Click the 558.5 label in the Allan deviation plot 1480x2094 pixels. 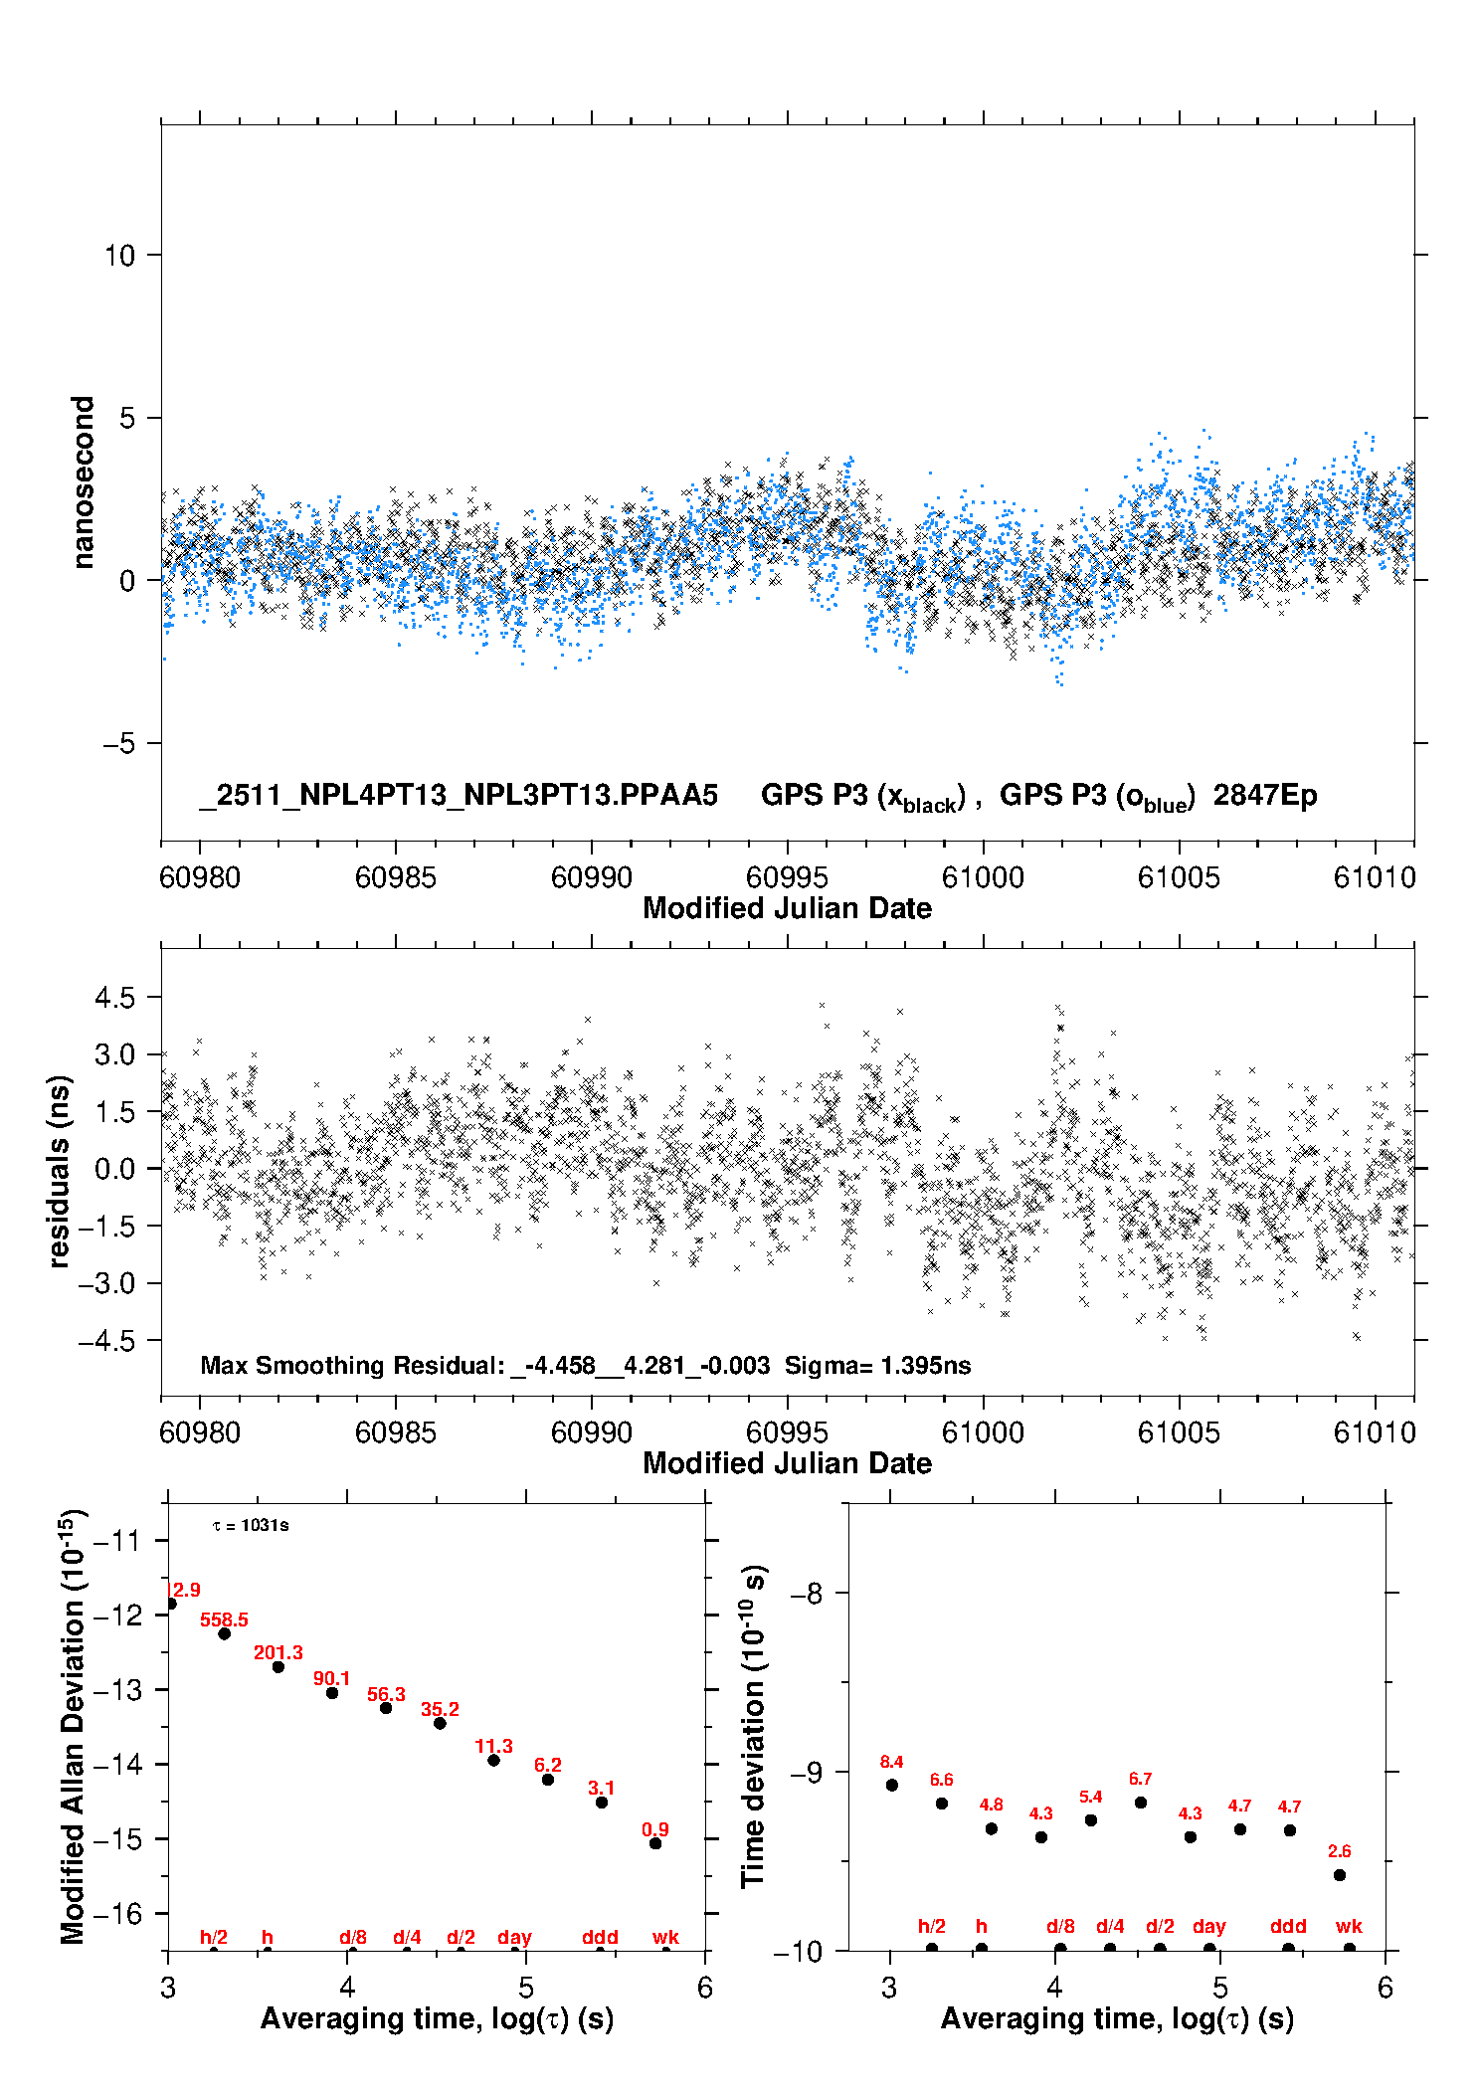(224, 1619)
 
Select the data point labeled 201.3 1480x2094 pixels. (278, 1666)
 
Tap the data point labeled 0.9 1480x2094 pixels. (655, 1843)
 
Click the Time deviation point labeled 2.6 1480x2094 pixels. (1340, 1875)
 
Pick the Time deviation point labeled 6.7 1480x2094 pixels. (1141, 1803)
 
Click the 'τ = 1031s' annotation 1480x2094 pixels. (251, 1525)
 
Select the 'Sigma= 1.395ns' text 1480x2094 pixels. (877, 1365)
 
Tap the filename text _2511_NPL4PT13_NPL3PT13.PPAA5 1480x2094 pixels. (459, 795)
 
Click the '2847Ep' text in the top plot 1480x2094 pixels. (1265, 795)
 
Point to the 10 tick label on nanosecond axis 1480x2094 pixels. (119, 256)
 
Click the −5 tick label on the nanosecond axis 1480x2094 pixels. (119, 743)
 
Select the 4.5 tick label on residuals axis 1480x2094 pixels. (114, 998)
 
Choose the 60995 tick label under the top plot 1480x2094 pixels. (787, 877)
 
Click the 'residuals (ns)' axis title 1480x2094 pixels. (60, 1171)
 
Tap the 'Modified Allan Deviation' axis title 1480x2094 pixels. (73, 1726)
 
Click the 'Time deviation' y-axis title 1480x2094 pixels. (753, 1726)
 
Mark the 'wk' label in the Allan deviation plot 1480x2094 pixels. (665, 1937)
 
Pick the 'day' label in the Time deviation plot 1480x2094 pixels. (1208, 1926)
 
